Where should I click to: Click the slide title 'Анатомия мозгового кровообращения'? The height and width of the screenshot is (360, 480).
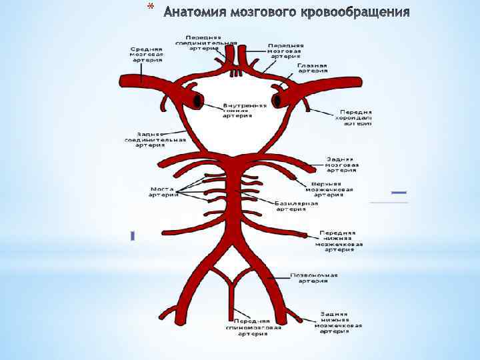(286, 12)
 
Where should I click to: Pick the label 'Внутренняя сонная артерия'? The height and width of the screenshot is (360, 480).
(245, 110)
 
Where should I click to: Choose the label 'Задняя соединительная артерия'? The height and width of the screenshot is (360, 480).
(153, 139)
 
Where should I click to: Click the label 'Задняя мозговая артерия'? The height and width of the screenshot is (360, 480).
(342, 164)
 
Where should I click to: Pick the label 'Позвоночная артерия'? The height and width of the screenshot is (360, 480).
(313, 277)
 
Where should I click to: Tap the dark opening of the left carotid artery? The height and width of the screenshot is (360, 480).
(197, 101)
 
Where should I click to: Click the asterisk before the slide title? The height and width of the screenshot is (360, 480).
(150, 9)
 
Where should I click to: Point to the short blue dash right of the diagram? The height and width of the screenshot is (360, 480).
(399, 193)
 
